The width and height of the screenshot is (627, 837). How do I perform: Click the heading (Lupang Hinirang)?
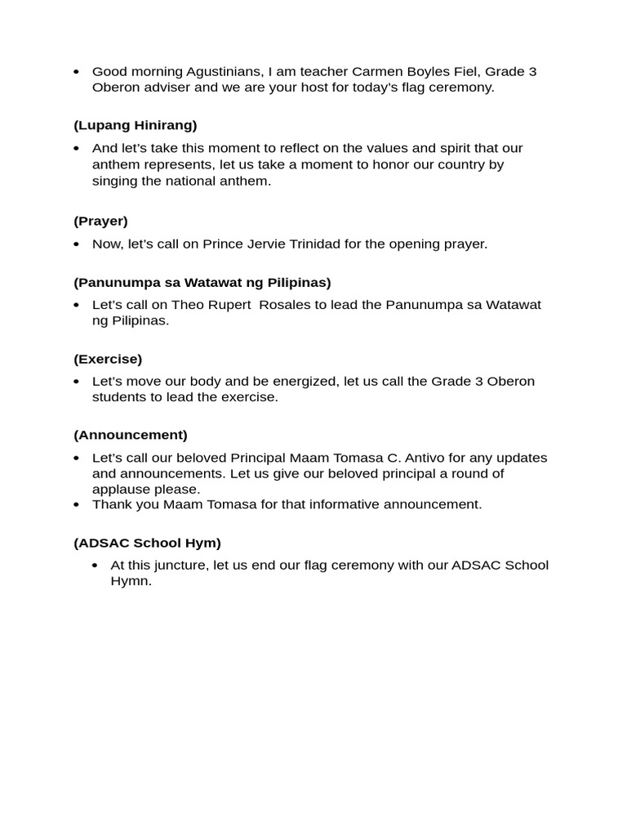[x=135, y=125]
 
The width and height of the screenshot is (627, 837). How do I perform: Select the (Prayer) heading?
[x=100, y=221]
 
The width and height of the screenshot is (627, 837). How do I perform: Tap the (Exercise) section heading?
[x=108, y=359]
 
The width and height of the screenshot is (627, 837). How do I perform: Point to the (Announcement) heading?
[x=131, y=435]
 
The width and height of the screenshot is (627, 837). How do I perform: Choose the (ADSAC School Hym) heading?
[x=147, y=542]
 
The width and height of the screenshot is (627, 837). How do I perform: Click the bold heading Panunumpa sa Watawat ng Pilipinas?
[x=202, y=282]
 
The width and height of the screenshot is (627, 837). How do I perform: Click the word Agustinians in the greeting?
[x=202, y=72]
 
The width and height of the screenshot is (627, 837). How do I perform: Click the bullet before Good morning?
[x=77, y=72]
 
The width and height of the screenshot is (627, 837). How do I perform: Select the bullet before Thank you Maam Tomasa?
[x=77, y=504]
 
